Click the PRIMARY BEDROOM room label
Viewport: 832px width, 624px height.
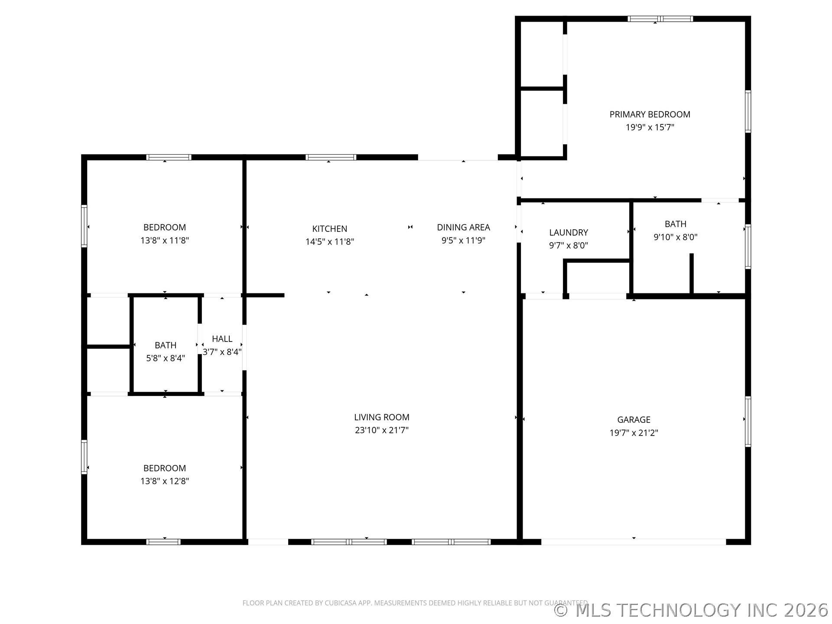650,114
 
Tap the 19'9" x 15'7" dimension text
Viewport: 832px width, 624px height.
650,127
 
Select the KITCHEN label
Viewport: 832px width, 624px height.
329,229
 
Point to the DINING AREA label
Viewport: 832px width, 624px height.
463,227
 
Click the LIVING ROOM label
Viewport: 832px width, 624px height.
381,417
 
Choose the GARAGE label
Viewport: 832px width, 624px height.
634,419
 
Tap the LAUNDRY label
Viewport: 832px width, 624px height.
569,233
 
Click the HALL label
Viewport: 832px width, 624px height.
222,339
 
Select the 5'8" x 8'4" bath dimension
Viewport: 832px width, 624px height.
166,358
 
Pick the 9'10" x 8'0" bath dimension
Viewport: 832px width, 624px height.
675,237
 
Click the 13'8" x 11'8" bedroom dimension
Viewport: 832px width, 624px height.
165,240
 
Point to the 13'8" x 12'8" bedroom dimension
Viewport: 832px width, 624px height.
165,481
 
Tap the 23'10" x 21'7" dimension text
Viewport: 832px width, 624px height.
381,430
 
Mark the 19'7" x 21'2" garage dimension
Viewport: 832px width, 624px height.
634,432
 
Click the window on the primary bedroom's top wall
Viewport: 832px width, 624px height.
660,19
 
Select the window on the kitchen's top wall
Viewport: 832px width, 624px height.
331,157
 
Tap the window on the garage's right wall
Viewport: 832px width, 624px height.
748,421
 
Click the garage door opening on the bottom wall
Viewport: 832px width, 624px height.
634,542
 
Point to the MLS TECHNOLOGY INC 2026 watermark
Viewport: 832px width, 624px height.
691,610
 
